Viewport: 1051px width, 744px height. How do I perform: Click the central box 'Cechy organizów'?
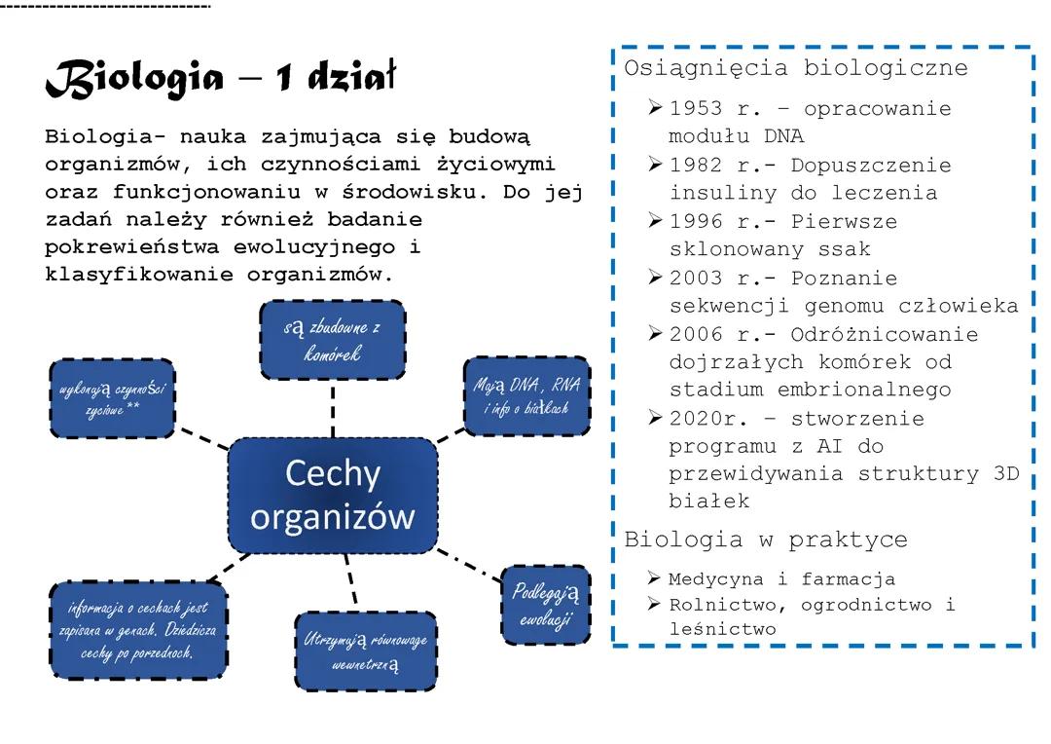point(332,496)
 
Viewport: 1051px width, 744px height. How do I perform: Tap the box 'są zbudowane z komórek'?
point(332,340)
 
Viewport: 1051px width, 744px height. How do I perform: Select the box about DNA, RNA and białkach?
point(526,396)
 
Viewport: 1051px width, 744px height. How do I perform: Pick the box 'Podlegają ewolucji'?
point(546,604)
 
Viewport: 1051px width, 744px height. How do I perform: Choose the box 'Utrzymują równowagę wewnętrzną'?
point(365,651)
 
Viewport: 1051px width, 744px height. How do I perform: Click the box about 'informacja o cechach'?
point(137,629)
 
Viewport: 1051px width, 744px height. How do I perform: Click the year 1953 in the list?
point(696,109)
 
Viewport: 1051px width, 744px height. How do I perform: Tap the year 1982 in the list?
point(696,166)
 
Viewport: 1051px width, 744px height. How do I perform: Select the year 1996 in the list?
point(696,222)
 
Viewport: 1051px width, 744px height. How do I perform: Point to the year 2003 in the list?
point(696,279)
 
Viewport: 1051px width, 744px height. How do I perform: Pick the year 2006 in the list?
point(696,335)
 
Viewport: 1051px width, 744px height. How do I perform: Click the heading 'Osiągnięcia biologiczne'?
point(795,69)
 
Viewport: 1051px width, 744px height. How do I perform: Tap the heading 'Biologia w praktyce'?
point(765,539)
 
